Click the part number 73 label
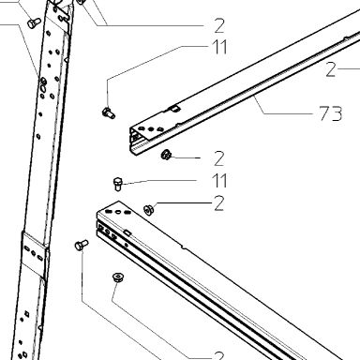coord(331,113)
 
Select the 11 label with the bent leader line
coord(219,47)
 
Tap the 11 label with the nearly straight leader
coord(219,180)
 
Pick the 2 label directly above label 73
coord(331,69)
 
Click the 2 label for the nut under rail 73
coord(219,158)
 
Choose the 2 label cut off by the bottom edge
coord(219,355)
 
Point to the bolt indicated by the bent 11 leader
coord(109,112)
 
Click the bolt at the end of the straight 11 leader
coord(117,184)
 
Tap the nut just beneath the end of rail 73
coord(166,155)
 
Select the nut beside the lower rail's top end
coord(148,209)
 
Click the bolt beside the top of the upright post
coord(34,23)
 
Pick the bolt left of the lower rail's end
coord(82,245)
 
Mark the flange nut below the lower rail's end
coord(118,277)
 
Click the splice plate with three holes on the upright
coord(34,253)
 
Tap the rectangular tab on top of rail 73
coord(174,109)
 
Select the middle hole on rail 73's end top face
coord(151,128)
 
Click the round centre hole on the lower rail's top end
coord(118,212)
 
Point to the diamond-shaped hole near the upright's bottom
coord(27,314)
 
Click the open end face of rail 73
coord(134,141)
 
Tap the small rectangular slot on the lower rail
coord(127,232)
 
